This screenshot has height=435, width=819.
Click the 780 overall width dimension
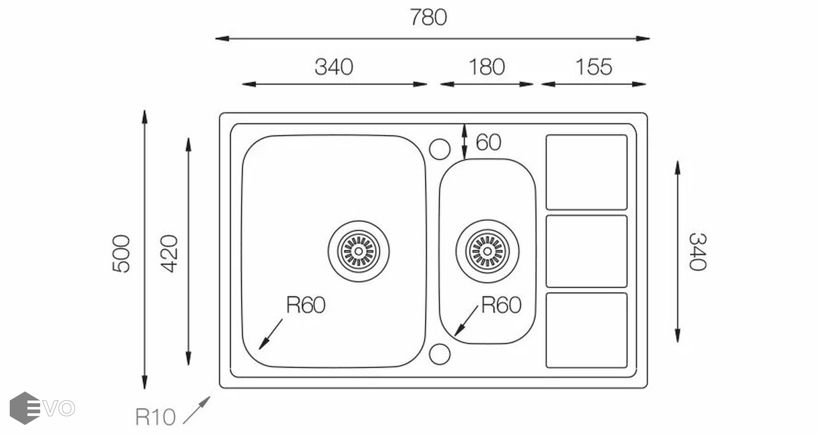tap(428, 18)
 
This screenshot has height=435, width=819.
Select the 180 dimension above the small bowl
tap(487, 67)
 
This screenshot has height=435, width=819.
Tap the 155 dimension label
tap(594, 67)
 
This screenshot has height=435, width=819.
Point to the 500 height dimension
tap(121, 253)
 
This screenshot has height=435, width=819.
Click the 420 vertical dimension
tap(170, 253)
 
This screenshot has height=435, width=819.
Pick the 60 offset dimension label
tap(488, 143)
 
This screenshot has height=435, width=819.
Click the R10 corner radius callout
tap(155, 417)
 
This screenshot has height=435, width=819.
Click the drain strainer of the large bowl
tap(358, 251)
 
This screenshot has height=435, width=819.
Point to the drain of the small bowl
tap(487, 251)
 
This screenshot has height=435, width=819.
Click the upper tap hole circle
tap(439, 149)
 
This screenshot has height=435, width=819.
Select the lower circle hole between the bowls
tap(439, 354)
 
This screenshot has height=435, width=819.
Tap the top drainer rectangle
tap(586, 172)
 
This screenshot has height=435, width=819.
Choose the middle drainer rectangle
tap(586, 251)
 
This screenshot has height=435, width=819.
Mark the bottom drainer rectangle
tap(586, 330)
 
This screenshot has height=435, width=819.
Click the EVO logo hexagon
tap(25, 408)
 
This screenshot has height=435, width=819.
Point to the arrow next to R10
tap(197, 410)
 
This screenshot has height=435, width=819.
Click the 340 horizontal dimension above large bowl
tap(334, 67)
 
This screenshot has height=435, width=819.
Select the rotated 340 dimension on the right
tap(698, 251)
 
